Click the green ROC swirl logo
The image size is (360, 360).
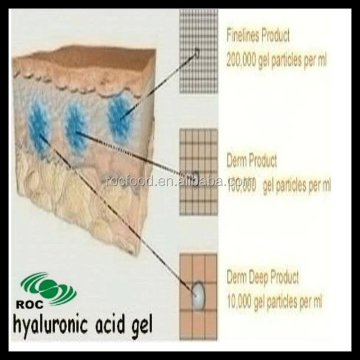[x=48, y=288]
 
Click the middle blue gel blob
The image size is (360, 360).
[x=76, y=126]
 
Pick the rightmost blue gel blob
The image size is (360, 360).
[x=119, y=117]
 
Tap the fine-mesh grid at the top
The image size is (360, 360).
[x=198, y=51]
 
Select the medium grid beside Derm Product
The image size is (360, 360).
[x=198, y=171]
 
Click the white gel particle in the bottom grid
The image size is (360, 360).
[x=197, y=295]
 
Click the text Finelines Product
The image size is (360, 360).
[x=258, y=35]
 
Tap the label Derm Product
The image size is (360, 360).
[x=251, y=161]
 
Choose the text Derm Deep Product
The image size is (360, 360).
[x=263, y=278]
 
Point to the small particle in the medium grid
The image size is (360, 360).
[x=195, y=175]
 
